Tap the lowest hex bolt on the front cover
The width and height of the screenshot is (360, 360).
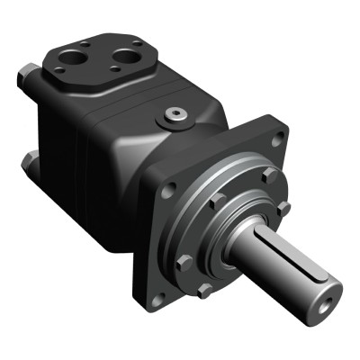point(206,291)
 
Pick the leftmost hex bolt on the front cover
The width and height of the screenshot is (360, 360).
point(184,263)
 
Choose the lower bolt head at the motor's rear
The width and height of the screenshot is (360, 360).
point(29,163)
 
